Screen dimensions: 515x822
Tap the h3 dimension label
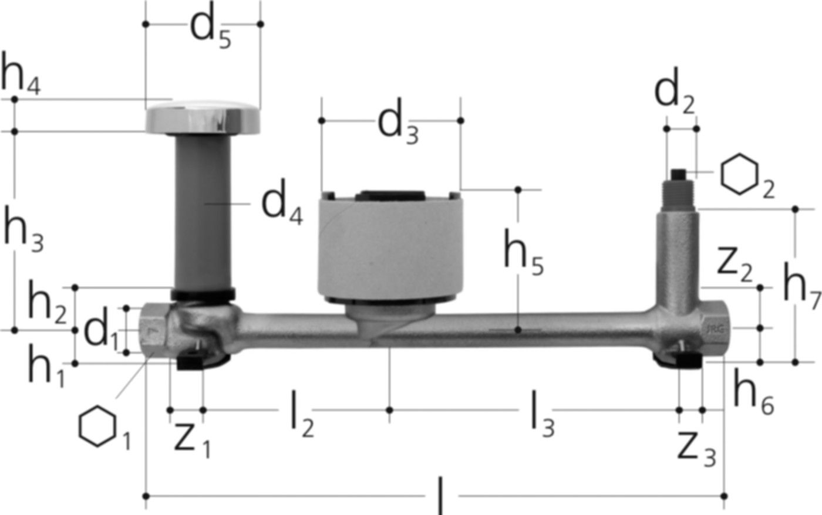click(x=23, y=233)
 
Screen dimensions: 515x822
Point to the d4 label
click(x=282, y=205)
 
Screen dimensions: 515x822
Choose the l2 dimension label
click(x=302, y=418)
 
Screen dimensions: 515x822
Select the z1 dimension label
click(x=192, y=439)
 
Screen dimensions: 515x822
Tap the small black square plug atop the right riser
click(x=679, y=174)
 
